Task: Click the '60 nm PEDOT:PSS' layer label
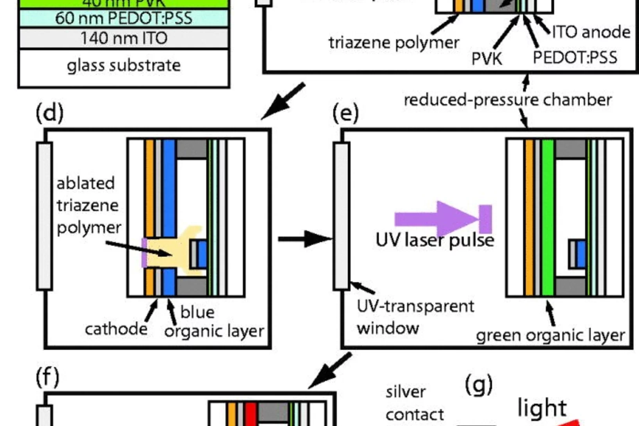124,18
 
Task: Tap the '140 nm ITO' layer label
124,38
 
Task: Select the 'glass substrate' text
124,65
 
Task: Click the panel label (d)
49,113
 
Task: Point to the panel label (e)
345,113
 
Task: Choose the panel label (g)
479,385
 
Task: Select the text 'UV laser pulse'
435,240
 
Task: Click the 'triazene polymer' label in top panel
394,43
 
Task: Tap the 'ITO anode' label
591,32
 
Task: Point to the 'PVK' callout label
487,59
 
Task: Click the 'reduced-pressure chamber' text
507,100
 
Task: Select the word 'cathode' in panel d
116,329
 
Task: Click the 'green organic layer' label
550,335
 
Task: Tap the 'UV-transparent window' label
415,317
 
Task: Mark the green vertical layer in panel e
548,217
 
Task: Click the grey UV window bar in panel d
45,217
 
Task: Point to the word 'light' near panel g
542,408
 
